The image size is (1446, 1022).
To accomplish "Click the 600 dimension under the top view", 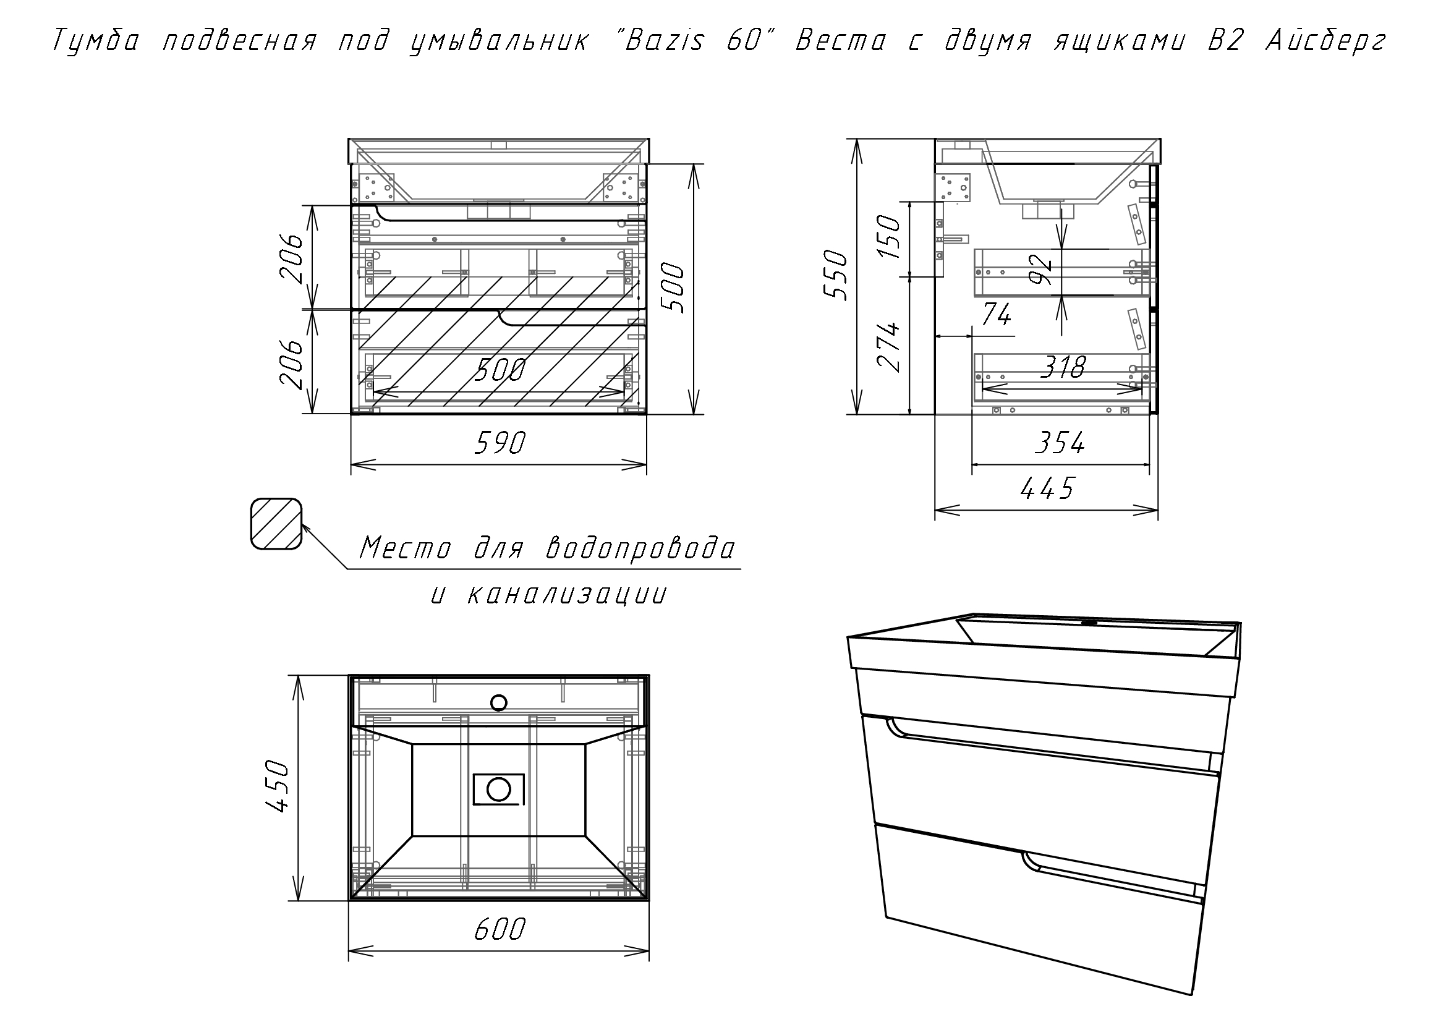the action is click(x=500, y=929).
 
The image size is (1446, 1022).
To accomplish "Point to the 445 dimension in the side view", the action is click(x=1046, y=488).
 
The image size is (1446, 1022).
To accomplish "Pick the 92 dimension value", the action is click(x=1042, y=270).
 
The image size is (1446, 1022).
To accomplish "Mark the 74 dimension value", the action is click(x=997, y=314).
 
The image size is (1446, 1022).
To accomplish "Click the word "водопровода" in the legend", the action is click(x=640, y=548).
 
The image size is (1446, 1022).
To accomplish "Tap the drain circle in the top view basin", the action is click(x=498, y=788).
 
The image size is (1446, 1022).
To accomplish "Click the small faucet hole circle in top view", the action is click(x=499, y=702).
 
